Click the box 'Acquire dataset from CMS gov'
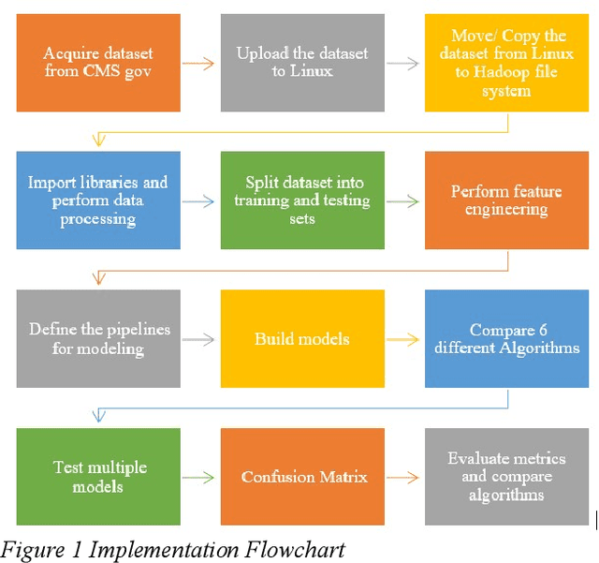(x=99, y=62)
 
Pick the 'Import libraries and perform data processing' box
(x=99, y=200)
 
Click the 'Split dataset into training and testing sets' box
(x=302, y=200)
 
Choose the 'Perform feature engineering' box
(x=506, y=200)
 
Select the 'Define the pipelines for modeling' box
(x=99, y=338)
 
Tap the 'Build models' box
(x=302, y=338)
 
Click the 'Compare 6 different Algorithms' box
(x=506, y=338)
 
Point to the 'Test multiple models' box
(x=99, y=477)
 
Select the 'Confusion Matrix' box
(x=302, y=477)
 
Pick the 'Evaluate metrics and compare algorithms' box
(x=506, y=477)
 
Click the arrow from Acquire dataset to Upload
(x=200, y=64)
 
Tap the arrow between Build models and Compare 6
(x=404, y=340)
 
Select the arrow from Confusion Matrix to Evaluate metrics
(x=404, y=479)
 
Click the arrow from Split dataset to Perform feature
(x=404, y=201)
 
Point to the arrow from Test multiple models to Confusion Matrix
(x=200, y=479)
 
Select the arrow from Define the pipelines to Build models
(x=200, y=340)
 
